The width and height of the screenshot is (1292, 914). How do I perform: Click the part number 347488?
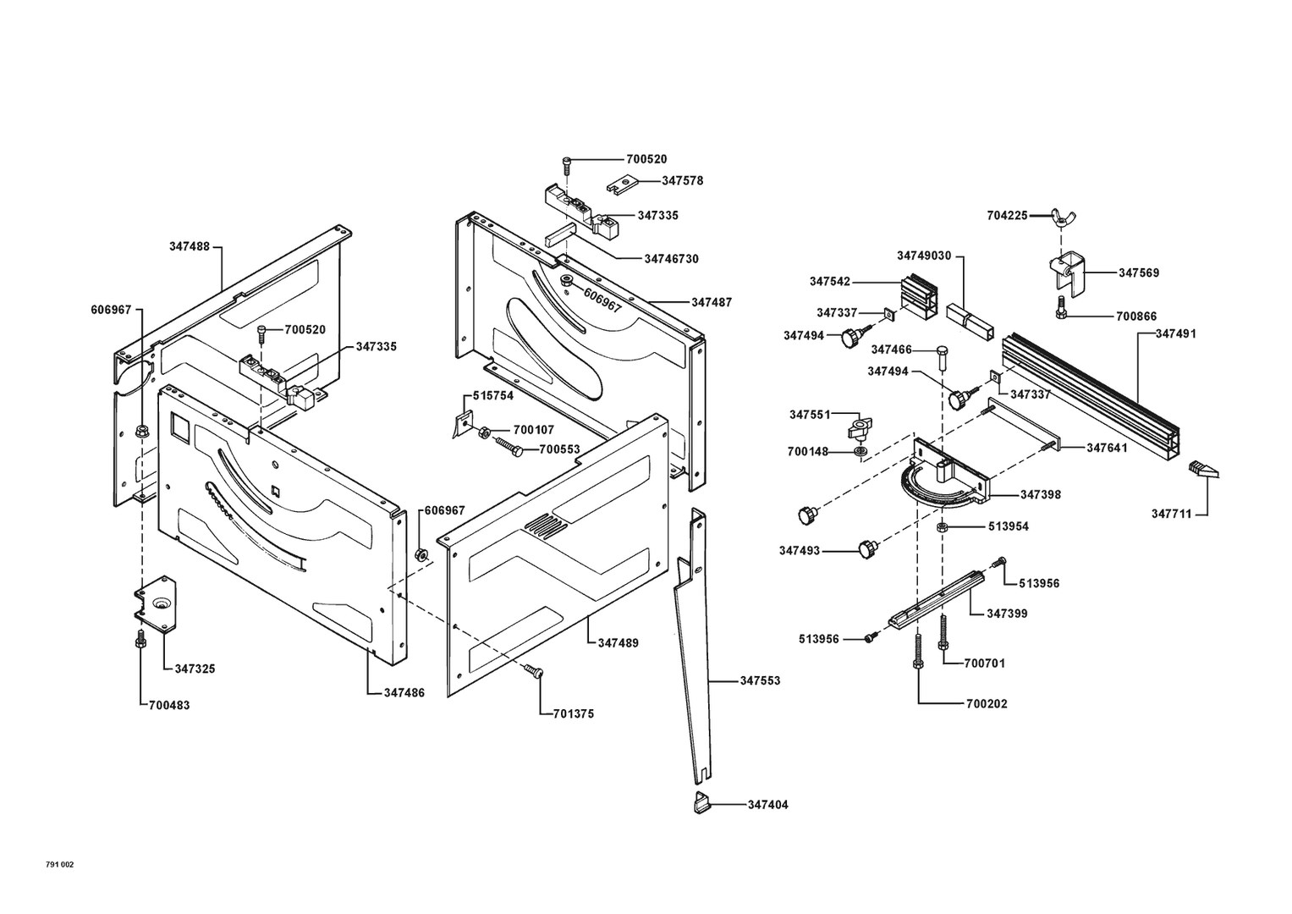tap(189, 246)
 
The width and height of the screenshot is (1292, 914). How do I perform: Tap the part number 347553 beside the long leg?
tap(760, 680)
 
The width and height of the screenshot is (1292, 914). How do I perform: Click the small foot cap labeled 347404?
tap(701, 802)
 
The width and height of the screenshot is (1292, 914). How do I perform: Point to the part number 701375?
tap(573, 713)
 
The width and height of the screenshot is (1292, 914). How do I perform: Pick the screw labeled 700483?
tap(140, 641)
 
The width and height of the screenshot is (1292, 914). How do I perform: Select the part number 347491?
tap(1176, 333)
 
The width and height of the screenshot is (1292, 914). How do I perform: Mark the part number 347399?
tap(1007, 613)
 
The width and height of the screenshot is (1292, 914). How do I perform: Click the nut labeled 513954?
tap(942, 526)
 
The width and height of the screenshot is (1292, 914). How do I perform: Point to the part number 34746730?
tap(672, 258)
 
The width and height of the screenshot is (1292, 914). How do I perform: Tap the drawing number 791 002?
tap(60, 864)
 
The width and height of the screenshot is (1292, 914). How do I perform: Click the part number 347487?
tap(712, 302)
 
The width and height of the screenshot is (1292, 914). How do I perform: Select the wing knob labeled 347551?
tap(859, 426)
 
